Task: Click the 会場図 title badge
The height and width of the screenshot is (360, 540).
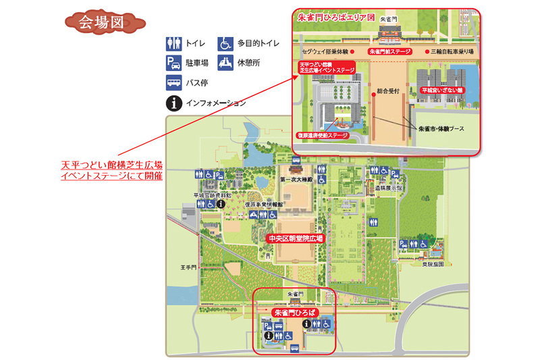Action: pyautogui.click(x=103, y=21)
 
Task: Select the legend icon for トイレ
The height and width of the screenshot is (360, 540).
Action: pyautogui.click(x=173, y=44)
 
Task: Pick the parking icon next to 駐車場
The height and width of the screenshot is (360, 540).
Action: pyautogui.click(x=173, y=63)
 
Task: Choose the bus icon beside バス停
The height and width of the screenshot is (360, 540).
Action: pyautogui.click(x=173, y=83)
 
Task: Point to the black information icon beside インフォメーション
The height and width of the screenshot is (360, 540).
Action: pyautogui.click(x=173, y=103)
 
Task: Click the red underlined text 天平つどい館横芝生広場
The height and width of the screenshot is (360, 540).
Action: pyautogui.click(x=111, y=165)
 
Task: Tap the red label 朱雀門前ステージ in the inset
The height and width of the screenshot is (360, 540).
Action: pyautogui.click(x=390, y=51)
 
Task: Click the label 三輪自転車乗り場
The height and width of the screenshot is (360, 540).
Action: pyautogui.click(x=454, y=51)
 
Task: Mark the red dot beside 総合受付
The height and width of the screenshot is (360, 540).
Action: pyautogui.click(x=372, y=94)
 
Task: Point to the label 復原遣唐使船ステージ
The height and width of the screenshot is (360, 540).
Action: pyautogui.click(x=323, y=135)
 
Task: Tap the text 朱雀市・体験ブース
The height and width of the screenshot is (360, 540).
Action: pyautogui.click(x=443, y=128)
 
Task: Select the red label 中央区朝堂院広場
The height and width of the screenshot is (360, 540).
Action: pyautogui.click(x=296, y=238)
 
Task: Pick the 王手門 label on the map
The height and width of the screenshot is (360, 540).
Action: pyautogui.click(x=188, y=267)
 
